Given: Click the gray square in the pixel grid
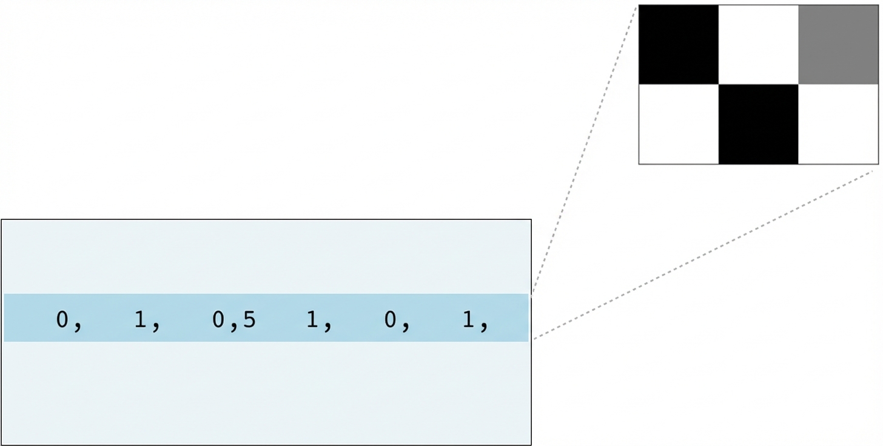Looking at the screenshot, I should pos(838,45).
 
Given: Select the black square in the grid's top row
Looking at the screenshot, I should pos(679,45).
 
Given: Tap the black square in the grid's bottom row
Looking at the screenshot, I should pos(758,124).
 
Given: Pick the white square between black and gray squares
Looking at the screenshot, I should pos(758,45).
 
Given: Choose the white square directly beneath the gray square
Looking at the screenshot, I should pos(838,124).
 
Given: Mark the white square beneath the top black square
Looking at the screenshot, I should pos(679,124).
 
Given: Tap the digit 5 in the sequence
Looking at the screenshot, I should pos(249,319).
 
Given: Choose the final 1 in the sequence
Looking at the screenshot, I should pos(469,319).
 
